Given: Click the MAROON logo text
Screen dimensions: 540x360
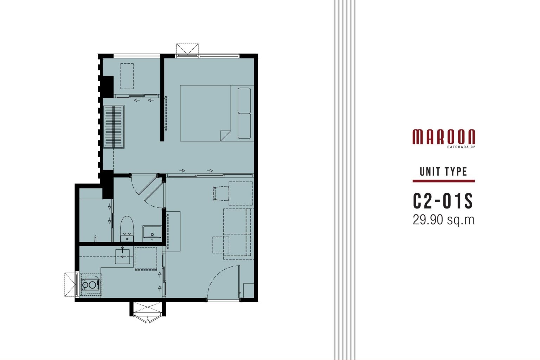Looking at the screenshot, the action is coord(444,137).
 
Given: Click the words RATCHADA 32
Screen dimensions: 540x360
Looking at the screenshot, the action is coord(461,147).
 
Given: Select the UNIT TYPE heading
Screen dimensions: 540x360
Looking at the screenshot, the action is coord(443,172).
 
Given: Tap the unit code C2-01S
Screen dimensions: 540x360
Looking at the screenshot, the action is coord(443,201).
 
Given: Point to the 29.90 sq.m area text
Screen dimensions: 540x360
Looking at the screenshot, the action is coord(443,220).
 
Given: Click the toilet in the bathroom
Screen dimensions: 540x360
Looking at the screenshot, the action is coord(127,229).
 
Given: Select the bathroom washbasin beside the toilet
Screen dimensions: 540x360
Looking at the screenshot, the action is coord(152,233).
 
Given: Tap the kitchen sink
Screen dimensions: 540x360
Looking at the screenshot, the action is coord(122,256).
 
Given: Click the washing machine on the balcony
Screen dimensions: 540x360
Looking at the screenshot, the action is coord(90,284).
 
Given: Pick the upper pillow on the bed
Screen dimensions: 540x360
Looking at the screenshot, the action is coord(244,100).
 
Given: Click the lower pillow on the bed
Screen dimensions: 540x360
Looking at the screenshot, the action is coord(244,126).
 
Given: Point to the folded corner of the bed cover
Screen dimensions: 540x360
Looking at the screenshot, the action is coord(225,135).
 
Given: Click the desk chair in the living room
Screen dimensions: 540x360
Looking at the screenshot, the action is coord(221,193).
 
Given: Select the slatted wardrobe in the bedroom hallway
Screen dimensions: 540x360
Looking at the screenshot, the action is coord(114,127).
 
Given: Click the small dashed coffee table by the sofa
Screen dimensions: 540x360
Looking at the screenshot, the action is coord(221,245).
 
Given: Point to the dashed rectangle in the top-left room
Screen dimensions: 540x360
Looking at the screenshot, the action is coord(127,76).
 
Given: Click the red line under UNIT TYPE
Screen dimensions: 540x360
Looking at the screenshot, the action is coord(444,181).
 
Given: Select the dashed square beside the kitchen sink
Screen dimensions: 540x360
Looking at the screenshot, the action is coord(146,259).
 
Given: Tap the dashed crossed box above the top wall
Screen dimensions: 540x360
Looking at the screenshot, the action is coord(187,49).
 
